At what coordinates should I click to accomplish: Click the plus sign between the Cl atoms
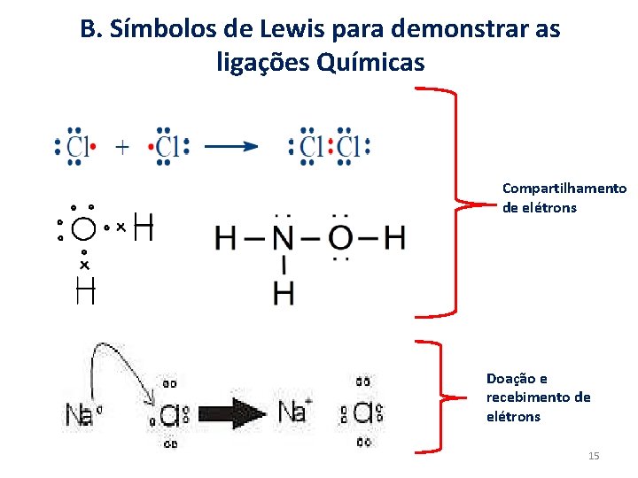pyautogui.click(x=122, y=147)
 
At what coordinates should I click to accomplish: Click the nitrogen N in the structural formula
pyautogui.click(x=283, y=237)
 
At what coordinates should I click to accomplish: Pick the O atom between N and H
pyautogui.click(x=341, y=237)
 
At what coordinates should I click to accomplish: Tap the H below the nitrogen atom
pyautogui.click(x=284, y=292)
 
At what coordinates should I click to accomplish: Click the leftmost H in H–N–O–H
pyautogui.click(x=226, y=237)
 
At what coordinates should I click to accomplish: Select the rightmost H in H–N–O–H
pyautogui.click(x=395, y=237)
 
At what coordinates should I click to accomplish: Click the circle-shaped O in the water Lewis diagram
pyautogui.click(x=83, y=229)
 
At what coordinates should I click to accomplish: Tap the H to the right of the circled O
pyautogui.click(x=144, y=227)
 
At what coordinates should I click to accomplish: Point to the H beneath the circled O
pyautogui.click(x=85, y=289)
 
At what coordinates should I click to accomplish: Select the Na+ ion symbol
pyautogui.click(x=295, y=412)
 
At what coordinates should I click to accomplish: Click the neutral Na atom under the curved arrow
pyautogui.click(x=80, y=413)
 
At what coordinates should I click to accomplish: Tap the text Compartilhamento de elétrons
pyautogui.click(x=564, y=198)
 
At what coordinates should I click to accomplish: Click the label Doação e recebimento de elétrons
pyautogui.click(x=538, y=397)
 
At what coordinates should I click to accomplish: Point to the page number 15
pyautogui.click(x=594, y=456)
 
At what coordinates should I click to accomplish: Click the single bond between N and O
pyautogui.click(x=312, y=237)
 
